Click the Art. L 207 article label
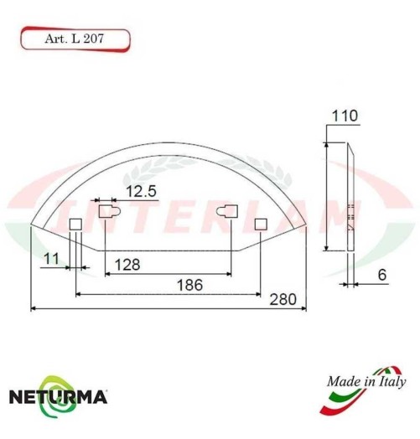pos(73,39)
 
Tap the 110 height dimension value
pos(345,116)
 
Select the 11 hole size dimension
pos(53,260)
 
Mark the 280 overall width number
pos(287,299)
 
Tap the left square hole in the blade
pos(75,224)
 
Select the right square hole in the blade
pos(261,224)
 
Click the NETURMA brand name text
pos(56,395)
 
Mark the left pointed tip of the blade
pos(31,225)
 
